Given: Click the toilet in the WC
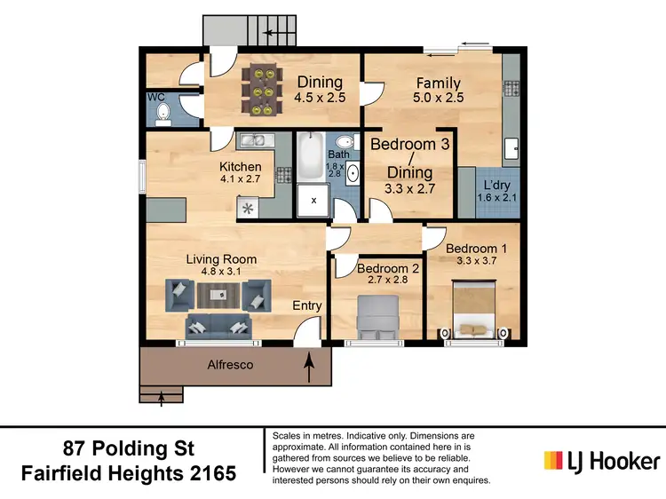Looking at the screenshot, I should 163,112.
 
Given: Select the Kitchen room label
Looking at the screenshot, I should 241,166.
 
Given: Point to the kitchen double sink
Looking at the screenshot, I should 252,140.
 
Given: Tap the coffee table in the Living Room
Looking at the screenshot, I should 213,294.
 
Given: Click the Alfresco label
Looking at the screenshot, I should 230,364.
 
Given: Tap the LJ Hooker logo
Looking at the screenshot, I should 601,461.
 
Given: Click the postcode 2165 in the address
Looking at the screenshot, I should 208,472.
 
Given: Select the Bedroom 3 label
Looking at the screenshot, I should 403,144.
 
